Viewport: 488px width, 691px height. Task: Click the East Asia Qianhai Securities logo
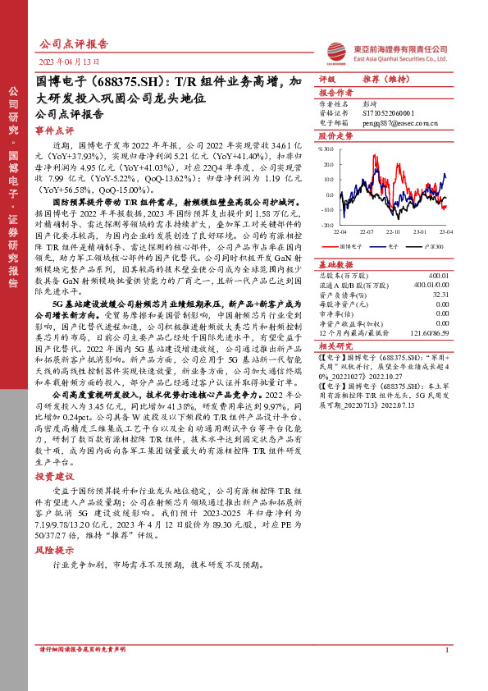coord(387,51)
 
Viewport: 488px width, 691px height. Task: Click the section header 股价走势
coord(335,135)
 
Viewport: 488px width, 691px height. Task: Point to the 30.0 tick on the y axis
coord(327,149)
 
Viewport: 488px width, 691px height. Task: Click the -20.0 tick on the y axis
coord(327,223)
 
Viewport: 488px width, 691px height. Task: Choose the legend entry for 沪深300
coord(434,245)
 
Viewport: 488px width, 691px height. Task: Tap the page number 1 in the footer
coord(446,674)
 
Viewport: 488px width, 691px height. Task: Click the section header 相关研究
coord(335,346)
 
